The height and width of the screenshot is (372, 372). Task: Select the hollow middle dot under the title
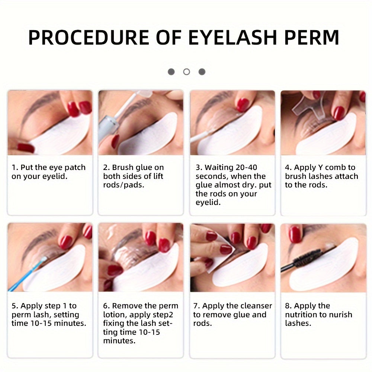pos(186,72)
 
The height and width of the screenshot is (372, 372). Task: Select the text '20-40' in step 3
pos(244,167)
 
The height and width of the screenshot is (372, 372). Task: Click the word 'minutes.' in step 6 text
pos(118,341)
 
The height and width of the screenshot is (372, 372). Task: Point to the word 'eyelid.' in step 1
pos(56,176)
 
